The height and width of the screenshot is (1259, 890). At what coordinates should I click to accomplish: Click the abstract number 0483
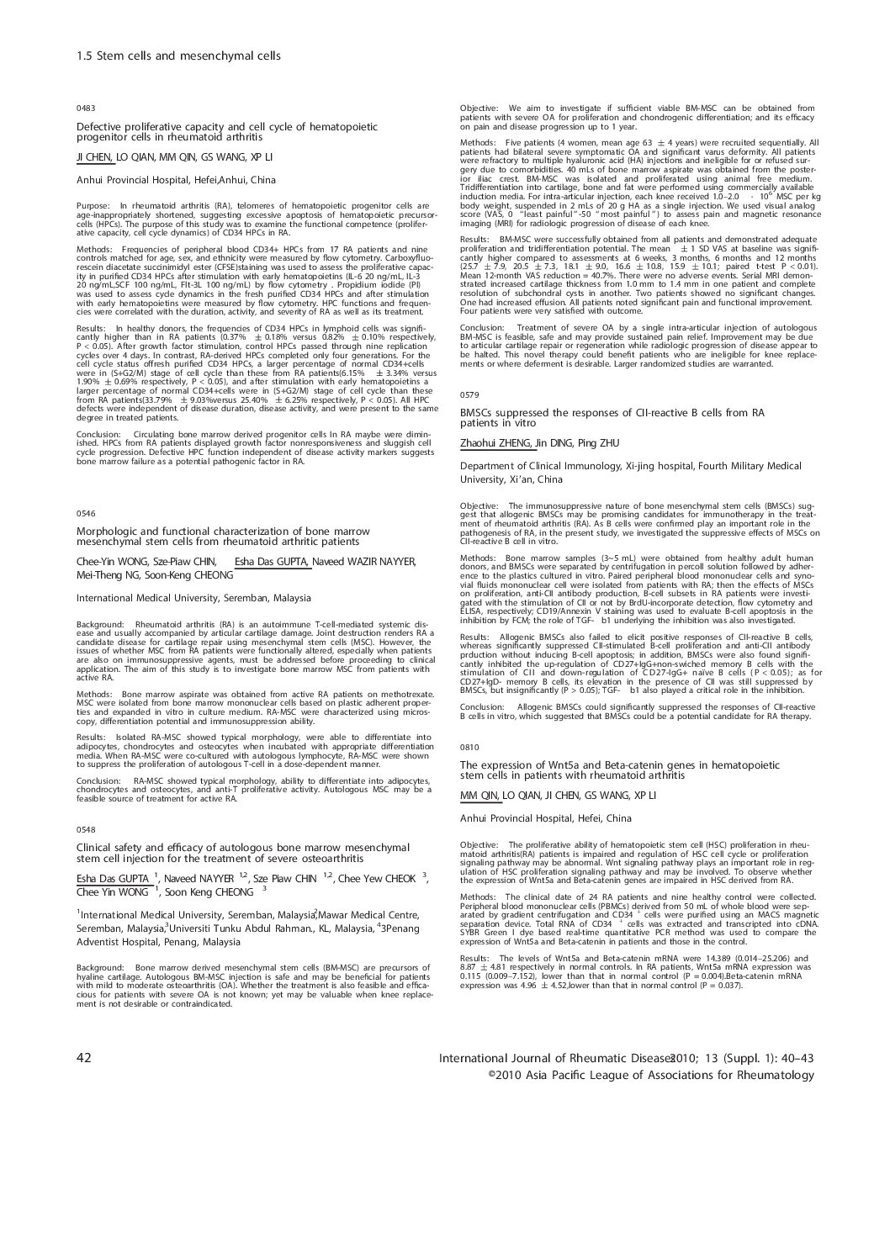(85, 109)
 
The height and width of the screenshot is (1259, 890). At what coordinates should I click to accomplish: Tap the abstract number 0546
(85, 511)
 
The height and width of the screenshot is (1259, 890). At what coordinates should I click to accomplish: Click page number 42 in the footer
(83, 1056)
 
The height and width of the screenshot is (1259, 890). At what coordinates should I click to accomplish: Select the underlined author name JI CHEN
(94, 156)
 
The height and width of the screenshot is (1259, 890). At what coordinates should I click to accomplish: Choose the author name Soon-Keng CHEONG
(204, 575)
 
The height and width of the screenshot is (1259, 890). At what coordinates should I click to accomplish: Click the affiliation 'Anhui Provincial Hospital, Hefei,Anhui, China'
(176, 179)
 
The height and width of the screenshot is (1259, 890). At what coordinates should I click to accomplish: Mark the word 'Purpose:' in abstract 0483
(93, 205)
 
